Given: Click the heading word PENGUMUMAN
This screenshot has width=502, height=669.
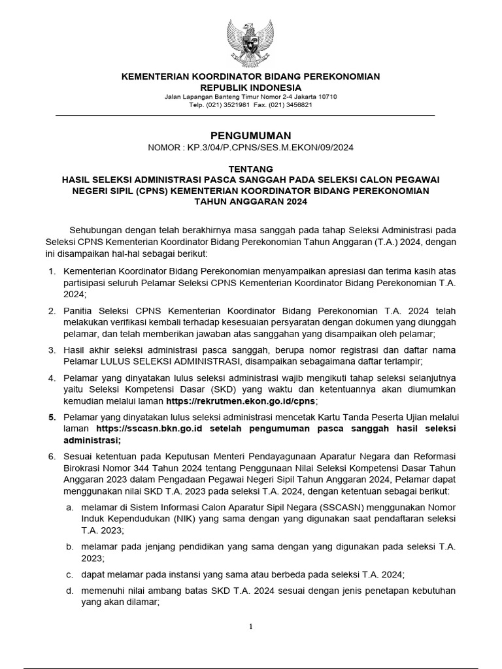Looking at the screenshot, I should tap(250, 135).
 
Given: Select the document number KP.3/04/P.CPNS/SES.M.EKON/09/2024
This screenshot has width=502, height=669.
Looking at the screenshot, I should tap(270, 148).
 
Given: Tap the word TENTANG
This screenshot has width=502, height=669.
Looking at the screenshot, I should tap(250, 169).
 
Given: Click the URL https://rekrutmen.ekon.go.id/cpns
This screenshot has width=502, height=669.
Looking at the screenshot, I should tap(242, 400).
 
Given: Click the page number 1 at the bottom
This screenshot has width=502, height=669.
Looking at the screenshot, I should tap(250, 627).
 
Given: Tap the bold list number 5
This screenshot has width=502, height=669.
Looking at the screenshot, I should tap(52, 417).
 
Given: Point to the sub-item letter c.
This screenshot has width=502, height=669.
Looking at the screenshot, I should tap(69, 575).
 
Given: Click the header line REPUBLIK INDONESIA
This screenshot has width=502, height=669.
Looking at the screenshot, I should tap(250, 88).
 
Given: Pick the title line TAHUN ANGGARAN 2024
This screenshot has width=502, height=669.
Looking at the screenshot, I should tap(250, 202).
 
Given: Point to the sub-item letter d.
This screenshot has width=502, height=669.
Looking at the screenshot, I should tap(69, 591).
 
